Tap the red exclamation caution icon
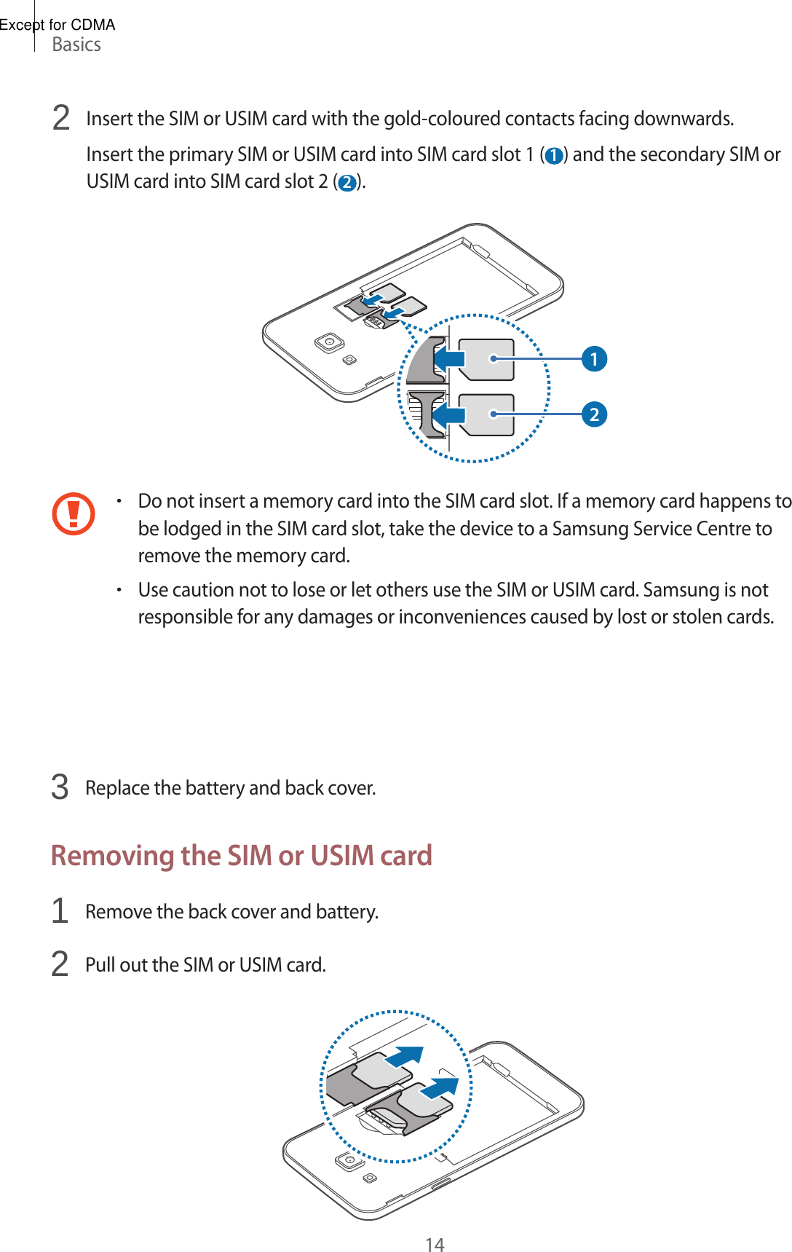pyautogui.click(x=74, y=513)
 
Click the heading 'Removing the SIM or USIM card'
pyautogui.click(x=242, y=855)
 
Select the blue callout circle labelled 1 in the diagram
pyautogui.click(x=594, y=358)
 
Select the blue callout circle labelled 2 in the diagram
pyautogui.click(x=594, y=414)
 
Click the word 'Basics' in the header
pyautogui.click(x=76, y=45)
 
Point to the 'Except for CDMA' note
pyautogui.click(x=58, y=25)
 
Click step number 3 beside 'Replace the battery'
pyautogui.click(x=60, y=787)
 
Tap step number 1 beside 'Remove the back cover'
pyautogui.click(x=60, y=911)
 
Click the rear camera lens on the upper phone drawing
pyautogui.click(x=330, y=342)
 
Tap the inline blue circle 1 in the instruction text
pyautogui.click(x=554, y=156)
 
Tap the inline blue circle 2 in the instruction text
pyautogui.click(x=347, y=182)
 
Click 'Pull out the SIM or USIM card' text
pyautogui.click(x=205, y=965)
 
